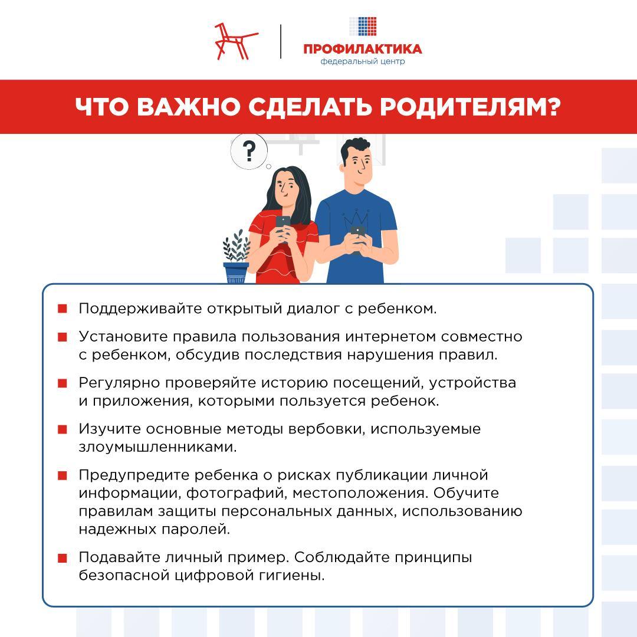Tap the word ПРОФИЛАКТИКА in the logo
(x=363, y=49)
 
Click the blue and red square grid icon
(x=363, y=26)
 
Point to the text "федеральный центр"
(x=363, y=61)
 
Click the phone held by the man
(x=358, y=231)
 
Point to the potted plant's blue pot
(x=236, y=273)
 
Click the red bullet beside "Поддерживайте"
(x=62, y=309)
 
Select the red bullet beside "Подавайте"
(x=62, y=558)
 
